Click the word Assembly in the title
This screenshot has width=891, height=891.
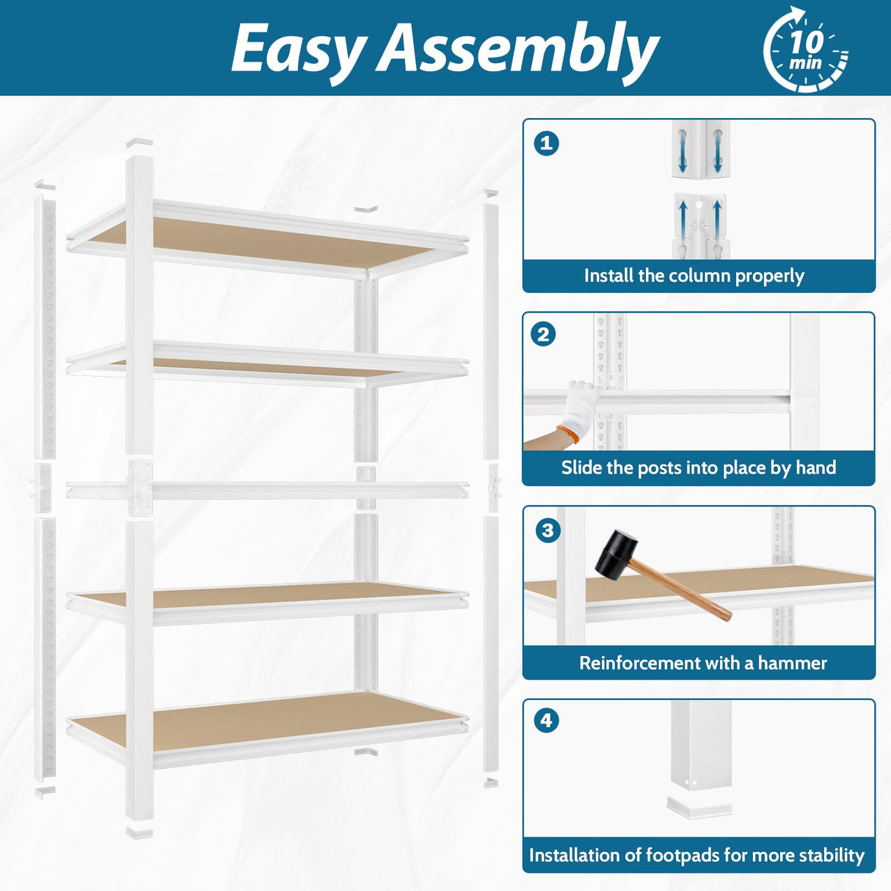point(517,48)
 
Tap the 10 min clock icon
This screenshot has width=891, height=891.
point(805,50)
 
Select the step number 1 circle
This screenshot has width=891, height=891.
point(546,142)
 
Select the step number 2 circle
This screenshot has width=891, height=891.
point(543,335)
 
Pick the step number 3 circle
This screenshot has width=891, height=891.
point(548,529)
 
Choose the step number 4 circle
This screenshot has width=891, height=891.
point(546,720)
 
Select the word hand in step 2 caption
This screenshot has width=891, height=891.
point(815,468)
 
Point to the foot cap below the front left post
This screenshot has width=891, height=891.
point(139,832)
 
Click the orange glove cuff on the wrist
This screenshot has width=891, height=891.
point(567,434)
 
